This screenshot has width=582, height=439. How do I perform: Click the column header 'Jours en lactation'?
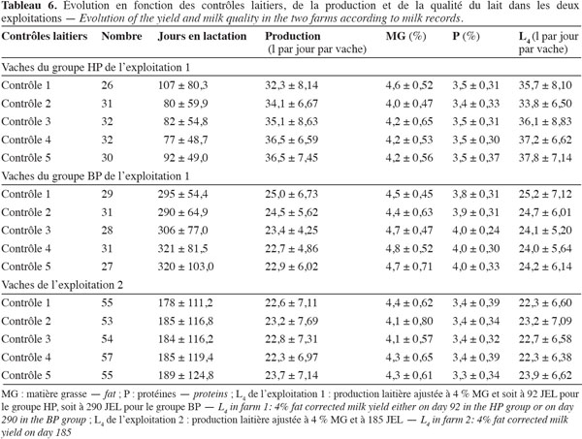tap(202, 36)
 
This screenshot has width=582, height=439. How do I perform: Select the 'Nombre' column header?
tap(122, 36)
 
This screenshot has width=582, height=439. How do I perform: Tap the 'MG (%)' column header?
tap(405, 36)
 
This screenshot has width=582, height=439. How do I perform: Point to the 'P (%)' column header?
tap(466, 36)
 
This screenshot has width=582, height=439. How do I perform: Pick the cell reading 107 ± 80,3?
tap(183, 85)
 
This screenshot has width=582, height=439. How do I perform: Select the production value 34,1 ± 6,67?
tap(291, 104)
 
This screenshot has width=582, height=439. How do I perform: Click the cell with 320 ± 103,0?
tap(185, 267)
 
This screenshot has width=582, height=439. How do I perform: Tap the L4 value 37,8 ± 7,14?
tap(545, 158)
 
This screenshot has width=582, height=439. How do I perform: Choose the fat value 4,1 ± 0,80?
tap(409, 321)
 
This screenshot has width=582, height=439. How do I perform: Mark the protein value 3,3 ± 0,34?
tap(476, 376)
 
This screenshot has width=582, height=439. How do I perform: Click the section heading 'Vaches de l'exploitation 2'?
tap(62, 285)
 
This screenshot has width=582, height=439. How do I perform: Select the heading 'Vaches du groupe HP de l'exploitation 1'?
tap(96, 68)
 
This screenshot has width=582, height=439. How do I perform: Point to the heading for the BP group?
tap(95, 176)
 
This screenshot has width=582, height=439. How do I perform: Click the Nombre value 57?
tap(107, 358)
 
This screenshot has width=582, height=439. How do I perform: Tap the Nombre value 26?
tap(107, 85)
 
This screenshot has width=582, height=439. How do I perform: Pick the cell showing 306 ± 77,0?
tap(183, 231)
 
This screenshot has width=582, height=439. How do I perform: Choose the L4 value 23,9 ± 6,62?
tap(545, 376)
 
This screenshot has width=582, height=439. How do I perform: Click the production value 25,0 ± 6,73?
tap(291, 194)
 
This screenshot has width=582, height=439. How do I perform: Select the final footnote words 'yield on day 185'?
tap(36, 432)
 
